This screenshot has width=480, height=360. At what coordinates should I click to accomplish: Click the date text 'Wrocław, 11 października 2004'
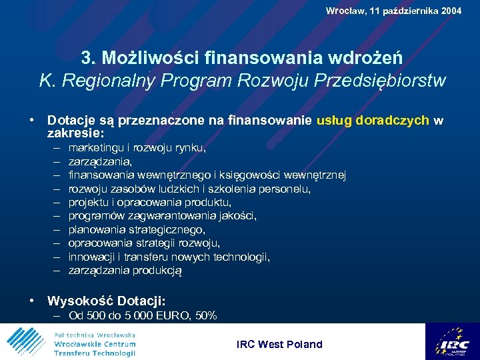[393, 11]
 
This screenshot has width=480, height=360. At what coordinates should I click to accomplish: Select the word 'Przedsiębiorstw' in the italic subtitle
[387, 81]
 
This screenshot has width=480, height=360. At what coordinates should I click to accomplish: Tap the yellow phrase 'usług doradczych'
[373, 121]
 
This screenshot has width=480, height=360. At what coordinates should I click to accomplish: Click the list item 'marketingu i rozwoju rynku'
[137, 147]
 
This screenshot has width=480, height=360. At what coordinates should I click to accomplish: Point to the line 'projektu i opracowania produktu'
[150, 202]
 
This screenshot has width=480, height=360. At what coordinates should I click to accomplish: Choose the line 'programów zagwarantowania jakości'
[162, 216]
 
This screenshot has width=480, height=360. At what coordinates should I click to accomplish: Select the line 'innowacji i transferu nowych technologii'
[169, 257]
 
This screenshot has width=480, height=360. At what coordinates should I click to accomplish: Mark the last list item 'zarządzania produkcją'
[125, 271]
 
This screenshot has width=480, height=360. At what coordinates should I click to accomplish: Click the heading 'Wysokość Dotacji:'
[106, 301]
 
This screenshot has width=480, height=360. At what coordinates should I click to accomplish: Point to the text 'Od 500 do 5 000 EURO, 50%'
[143, 316]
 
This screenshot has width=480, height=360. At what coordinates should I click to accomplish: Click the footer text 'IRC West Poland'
[279, 344]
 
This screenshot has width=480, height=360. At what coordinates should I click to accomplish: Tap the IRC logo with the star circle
[451, 342]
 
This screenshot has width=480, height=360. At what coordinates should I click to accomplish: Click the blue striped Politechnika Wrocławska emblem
[27, 342]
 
